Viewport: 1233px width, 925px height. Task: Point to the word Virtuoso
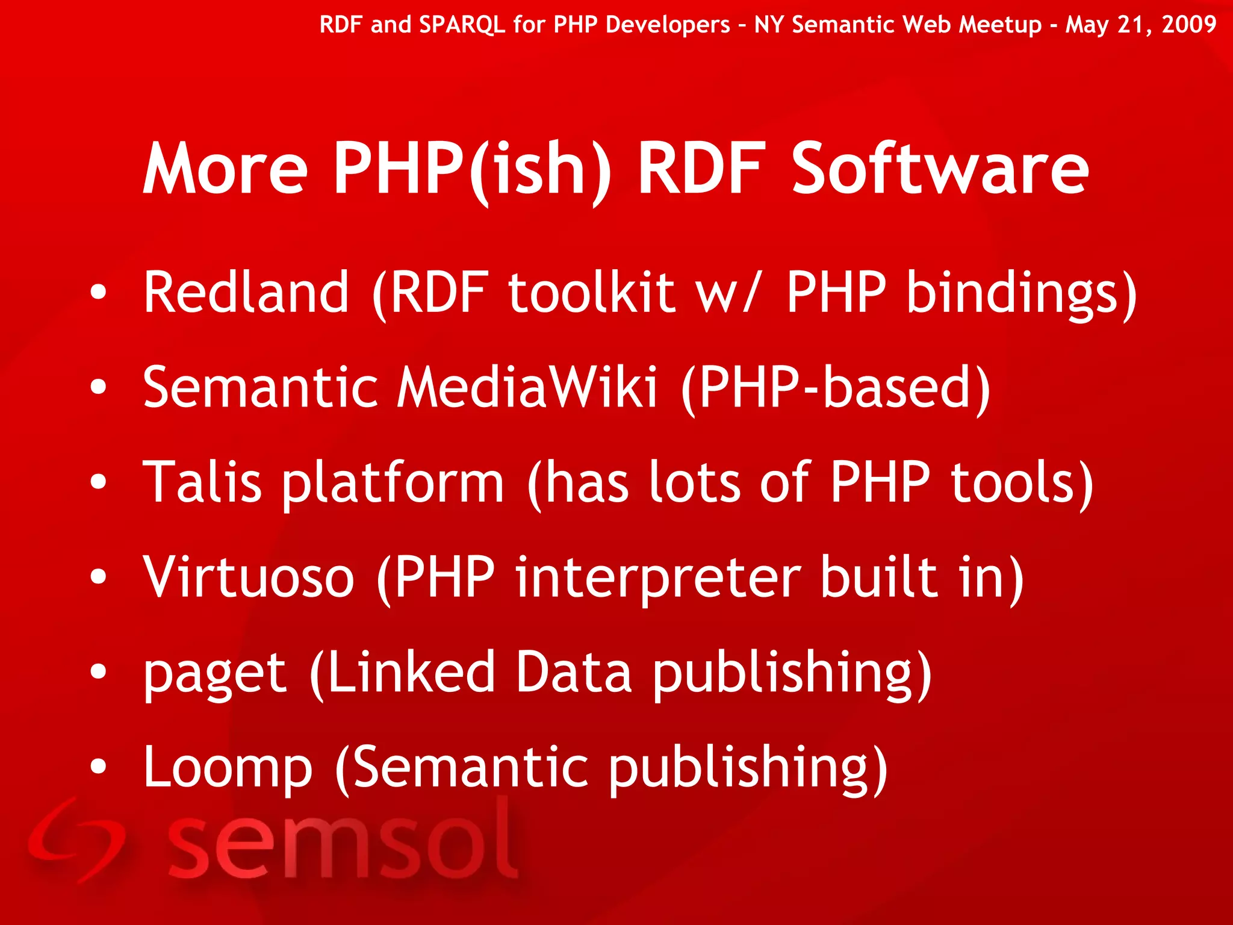coord(249,576)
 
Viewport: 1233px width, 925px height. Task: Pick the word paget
coord(214,673)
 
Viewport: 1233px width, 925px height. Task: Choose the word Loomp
coord(228,767)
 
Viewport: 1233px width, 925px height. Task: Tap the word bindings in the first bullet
coord(1011,293)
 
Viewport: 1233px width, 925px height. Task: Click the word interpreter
coord(658,578)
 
